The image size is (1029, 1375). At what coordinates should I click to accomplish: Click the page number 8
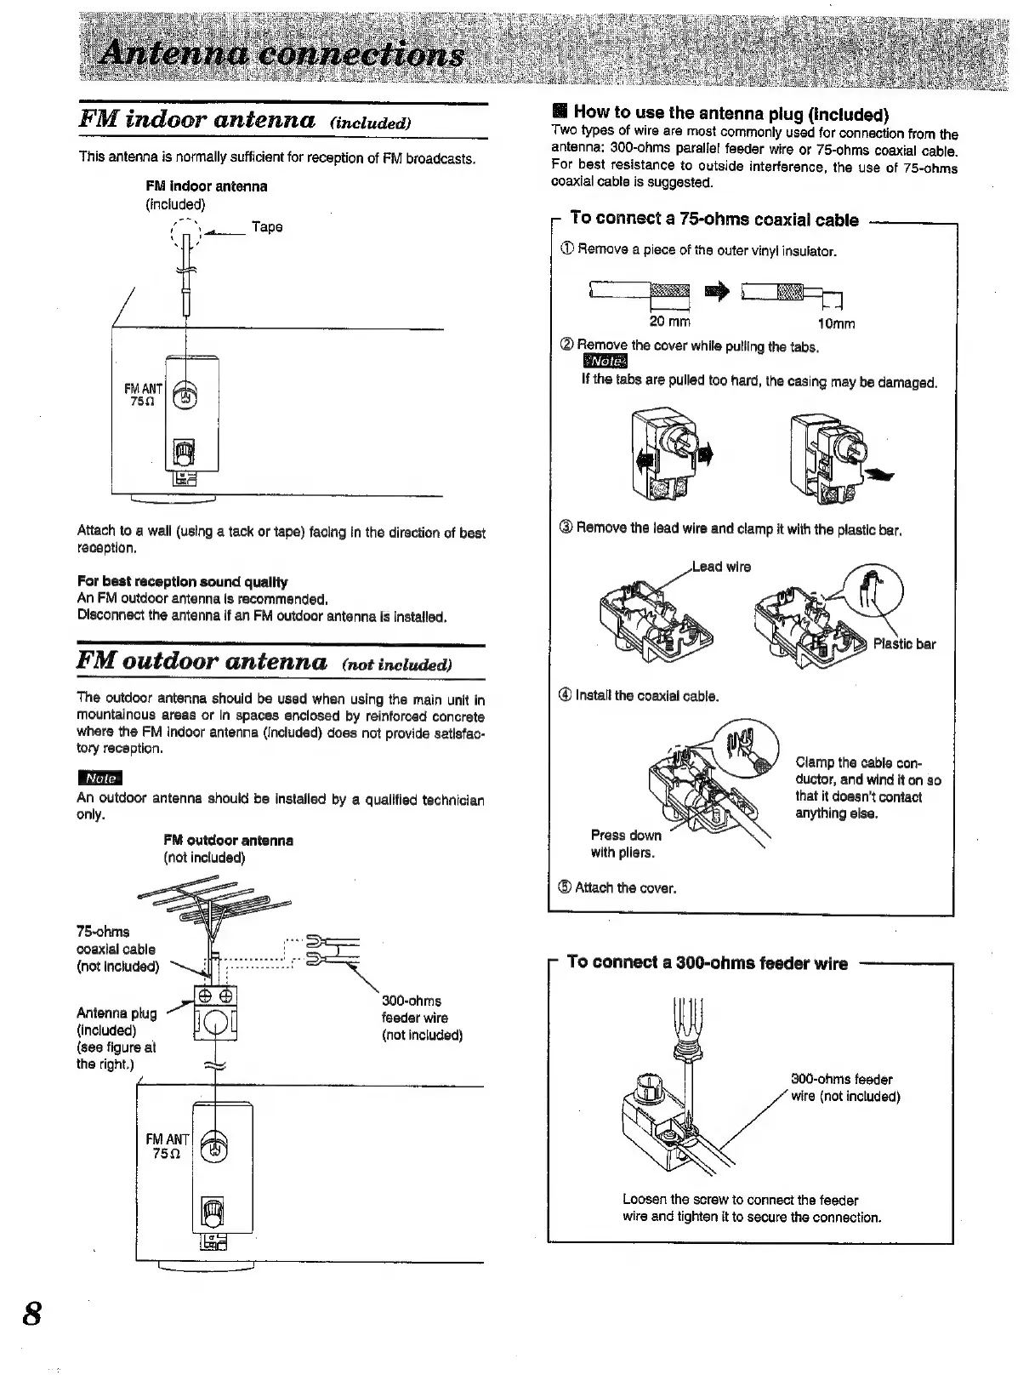click(31, 1312)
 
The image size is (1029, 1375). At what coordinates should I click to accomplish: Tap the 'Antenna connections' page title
click(281, 55)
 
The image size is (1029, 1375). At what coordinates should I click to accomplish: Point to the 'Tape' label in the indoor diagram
click(267, 227)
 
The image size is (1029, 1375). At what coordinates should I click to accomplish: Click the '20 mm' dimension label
click(670, 322)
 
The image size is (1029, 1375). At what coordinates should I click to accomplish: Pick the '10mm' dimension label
click(836, 323)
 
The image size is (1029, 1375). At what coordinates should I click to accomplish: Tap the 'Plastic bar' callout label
click(904, 644)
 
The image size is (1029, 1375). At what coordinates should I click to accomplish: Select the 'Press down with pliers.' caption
click(625, 843)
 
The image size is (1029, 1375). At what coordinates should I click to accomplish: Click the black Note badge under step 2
click(602, 363)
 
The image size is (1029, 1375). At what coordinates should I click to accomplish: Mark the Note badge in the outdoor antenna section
click(99, 778)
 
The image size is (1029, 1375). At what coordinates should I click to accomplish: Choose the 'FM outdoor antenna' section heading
click(202, 661)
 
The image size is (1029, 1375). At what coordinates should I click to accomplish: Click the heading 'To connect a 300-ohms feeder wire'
click(707, 963)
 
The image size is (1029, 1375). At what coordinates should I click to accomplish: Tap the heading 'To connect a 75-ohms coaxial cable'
click(714, 220)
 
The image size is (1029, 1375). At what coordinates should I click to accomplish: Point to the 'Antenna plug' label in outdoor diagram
click(117, 1013)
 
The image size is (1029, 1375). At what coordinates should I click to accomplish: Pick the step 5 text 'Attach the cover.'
click(625, 888)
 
